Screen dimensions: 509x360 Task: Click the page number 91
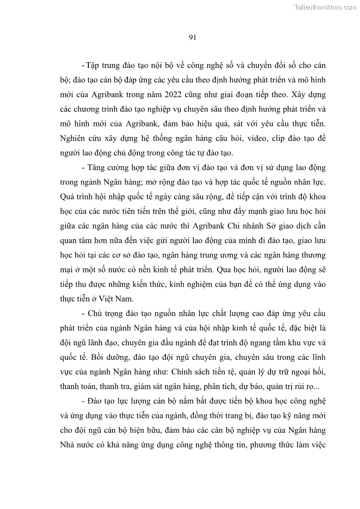point(192,38)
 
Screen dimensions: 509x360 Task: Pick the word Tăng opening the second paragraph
point(97,168)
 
